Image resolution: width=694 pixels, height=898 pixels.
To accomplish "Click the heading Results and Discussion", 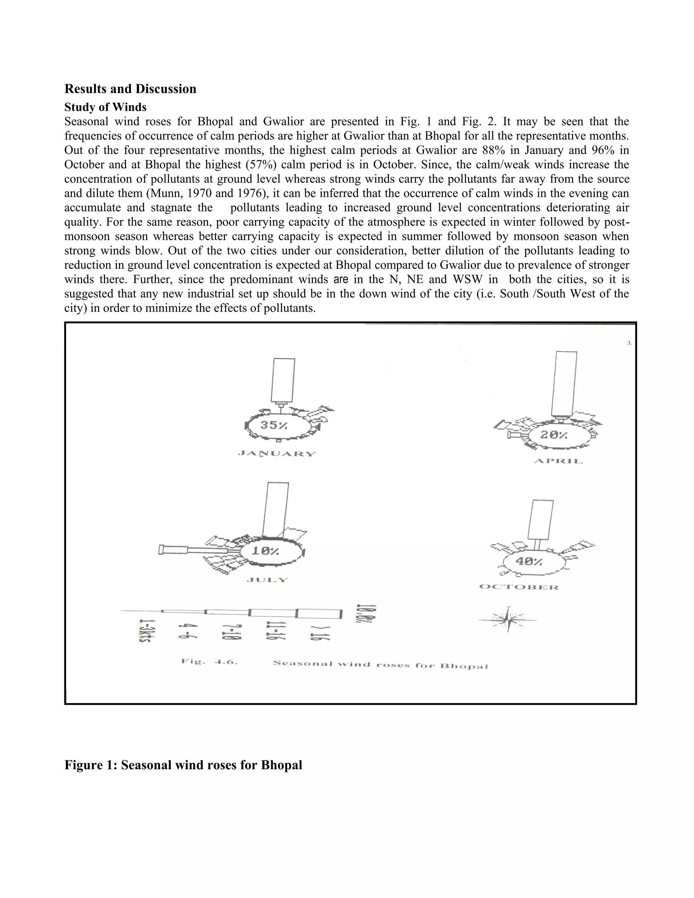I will click(x=130, y=89).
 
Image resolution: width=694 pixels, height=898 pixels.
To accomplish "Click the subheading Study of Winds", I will click(x=105, y=107).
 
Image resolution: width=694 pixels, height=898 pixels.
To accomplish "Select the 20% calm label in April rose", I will click(x=553, y=435).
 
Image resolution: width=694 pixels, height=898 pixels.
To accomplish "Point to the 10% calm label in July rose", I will click(x=265, y=551).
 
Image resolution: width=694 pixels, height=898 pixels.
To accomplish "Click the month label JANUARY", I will click(x=277, y=454).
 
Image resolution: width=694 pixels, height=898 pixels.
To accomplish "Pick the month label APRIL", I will click(x=558, y=461).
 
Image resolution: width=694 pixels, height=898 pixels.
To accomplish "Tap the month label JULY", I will click(x=267, y=580).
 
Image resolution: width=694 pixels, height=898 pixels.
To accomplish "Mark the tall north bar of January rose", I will click(x=283, y=380).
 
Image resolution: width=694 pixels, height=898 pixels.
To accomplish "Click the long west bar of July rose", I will click(x=193, y=550).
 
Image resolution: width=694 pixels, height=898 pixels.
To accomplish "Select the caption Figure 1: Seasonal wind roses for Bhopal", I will click(x=183, y=765).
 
